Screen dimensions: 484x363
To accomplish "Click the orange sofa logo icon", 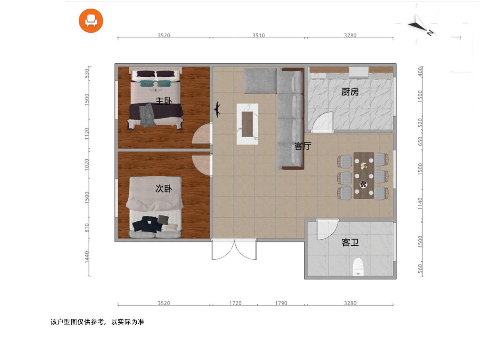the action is [91, 21].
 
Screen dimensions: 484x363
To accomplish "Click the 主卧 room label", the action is [164, 101].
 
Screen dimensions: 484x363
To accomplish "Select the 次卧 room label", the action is [164, 188].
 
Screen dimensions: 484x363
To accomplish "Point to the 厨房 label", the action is [350, 92].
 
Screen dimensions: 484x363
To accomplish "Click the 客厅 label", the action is [303, 146].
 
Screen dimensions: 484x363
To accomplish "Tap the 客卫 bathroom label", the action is [350, 242].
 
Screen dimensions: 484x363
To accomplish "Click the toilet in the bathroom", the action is [358, 267].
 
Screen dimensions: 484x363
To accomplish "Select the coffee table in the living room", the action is [247, 124].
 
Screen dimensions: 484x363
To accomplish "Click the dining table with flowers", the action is [364, 175].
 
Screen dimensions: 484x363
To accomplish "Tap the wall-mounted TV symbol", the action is [217, 108].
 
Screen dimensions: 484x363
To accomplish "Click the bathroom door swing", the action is [327, 229].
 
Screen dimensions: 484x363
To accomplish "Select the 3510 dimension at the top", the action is [259, 35].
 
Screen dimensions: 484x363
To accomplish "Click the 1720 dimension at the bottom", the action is [235, 303].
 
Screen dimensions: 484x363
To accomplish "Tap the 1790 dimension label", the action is [281, 303].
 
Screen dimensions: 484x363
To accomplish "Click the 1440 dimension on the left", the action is [87, 257].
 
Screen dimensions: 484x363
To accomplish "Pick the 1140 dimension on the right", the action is [420, 203].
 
